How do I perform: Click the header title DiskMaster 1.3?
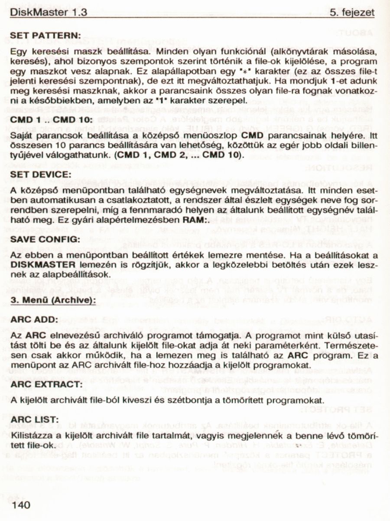48,13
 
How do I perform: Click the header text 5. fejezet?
352,13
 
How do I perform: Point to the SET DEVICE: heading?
40,174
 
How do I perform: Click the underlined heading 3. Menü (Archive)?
53,300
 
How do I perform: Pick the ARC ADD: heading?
34,319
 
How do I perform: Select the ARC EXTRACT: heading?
46,385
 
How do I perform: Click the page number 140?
22,505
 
